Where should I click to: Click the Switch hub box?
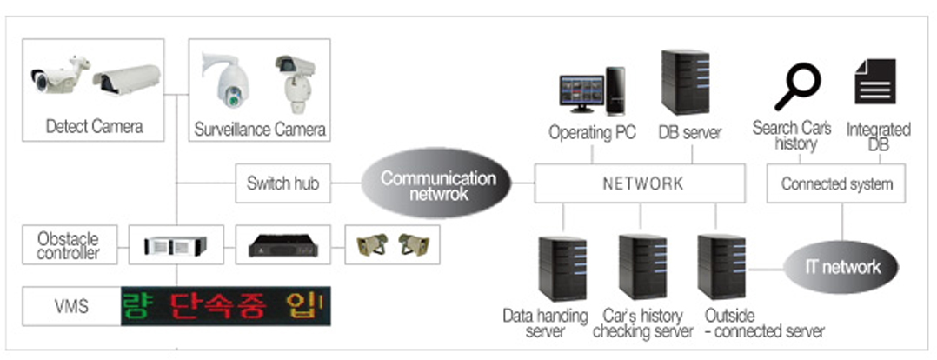click(282, 183)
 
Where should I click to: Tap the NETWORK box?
click(641, 184)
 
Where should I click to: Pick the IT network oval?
click(842, 267)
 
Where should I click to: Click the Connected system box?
click(836, 184)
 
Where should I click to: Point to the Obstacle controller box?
click(68, 245)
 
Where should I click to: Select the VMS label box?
click(71, 306)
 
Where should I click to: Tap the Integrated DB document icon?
click(875, 83)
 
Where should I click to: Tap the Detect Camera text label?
click(94, 127)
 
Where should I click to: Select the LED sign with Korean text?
click(226, 306)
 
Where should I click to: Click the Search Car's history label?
click(792, 136)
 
